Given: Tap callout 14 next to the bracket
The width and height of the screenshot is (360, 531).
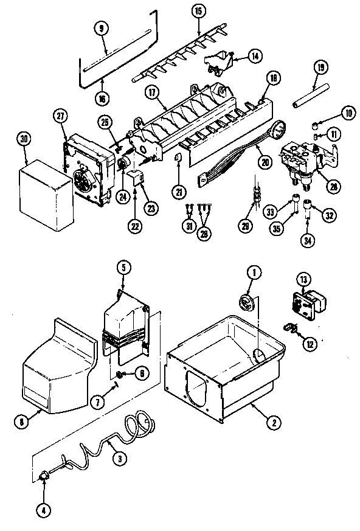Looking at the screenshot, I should point(255,57).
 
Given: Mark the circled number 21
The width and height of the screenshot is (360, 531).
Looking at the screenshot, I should point(179,192).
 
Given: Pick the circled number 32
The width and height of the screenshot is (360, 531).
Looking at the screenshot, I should point(330,213).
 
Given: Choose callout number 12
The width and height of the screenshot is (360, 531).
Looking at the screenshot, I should point(311,344).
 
